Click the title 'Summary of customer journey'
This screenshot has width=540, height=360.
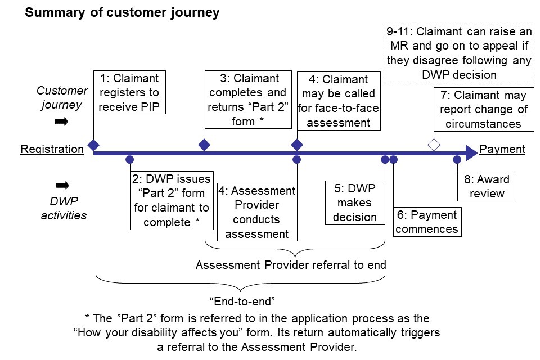click(x=122, y=12)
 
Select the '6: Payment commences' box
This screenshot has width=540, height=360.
click(x=427, y=222)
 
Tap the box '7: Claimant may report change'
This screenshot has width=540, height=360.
click(x=484, y=109)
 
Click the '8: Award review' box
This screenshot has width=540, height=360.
click(x=487, y=187)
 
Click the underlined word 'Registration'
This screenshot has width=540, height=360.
click(x=52, y=150)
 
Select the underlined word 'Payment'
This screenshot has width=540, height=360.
click(x=502, y=150)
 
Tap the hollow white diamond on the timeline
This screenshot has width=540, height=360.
click(x=434, y=145)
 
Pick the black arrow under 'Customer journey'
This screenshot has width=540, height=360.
click(x=62, y=121)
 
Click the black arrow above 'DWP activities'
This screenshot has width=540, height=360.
click(x=62, y=185)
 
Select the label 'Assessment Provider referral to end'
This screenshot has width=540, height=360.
click(x=291, y=264)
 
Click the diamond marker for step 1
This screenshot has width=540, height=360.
click(x=93, y=145)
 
